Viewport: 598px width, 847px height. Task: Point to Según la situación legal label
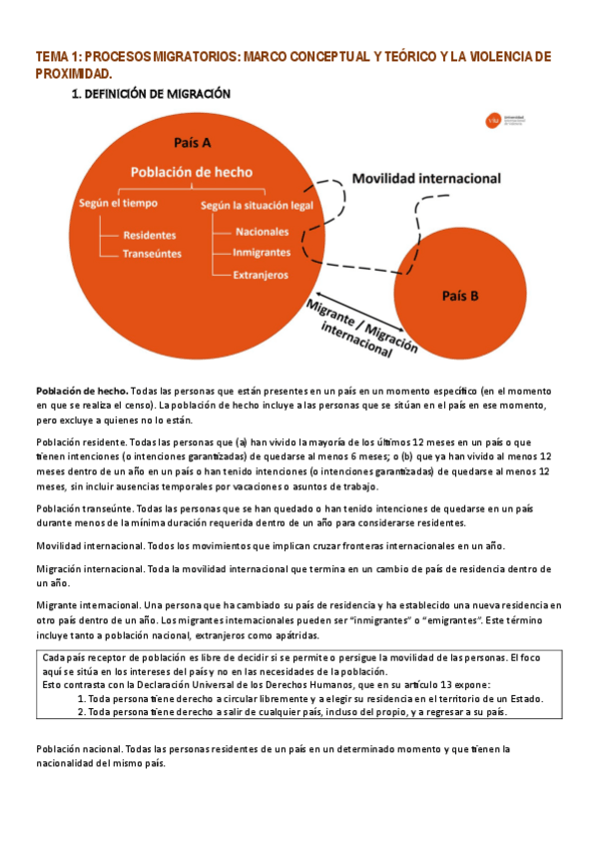(257, 206)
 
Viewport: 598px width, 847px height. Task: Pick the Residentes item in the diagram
(149, 236)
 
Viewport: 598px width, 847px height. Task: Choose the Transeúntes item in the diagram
(152, 254)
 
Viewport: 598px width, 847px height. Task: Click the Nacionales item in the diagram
(261, 232)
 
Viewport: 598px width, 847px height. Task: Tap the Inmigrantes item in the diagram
(262, 253)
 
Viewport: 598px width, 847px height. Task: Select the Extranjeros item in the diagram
(261, 274)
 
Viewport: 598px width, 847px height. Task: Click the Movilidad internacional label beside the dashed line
(427, 179)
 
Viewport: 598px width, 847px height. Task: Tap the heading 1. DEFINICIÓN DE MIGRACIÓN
(151, 94)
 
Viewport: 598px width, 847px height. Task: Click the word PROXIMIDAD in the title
(73, 74)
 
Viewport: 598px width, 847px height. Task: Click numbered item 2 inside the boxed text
(294, 713)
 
